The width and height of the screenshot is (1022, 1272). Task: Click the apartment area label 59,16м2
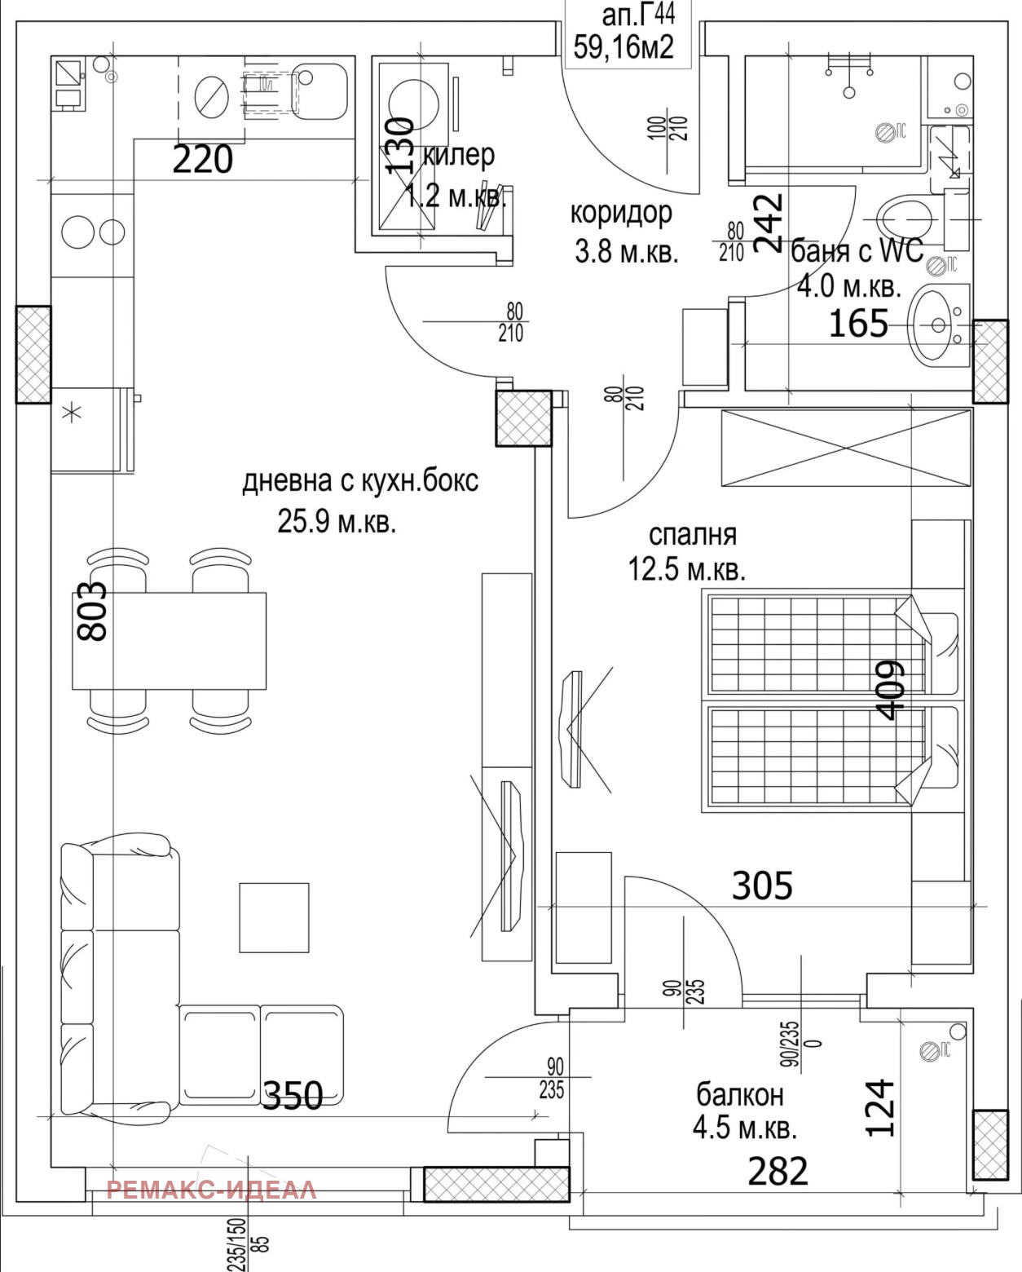click(x=623, y=47)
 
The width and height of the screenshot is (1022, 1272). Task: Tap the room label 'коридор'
click(x=621, y=213)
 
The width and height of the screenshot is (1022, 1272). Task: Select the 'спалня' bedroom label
click(x=692, y=535)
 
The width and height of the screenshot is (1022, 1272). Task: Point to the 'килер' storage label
click(x=459, y=154)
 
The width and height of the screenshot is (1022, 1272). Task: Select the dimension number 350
click(x=292, y=1096)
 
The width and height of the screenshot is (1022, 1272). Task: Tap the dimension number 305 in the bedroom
click(x=762, y=886)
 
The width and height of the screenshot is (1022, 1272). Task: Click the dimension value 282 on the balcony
click(x=778, y=1172)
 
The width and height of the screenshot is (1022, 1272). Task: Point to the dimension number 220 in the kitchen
click(x=203, y=160)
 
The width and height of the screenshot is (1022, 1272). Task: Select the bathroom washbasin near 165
click(x=937, y=325)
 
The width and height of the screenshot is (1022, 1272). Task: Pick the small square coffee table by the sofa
click(x=274, y=916)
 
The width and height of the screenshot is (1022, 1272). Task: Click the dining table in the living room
click(x=170, y=641)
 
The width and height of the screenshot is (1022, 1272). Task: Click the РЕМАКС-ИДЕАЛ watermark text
click(x=211, y=1190)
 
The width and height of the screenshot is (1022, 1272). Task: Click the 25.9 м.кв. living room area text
click(x=337, y=522)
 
